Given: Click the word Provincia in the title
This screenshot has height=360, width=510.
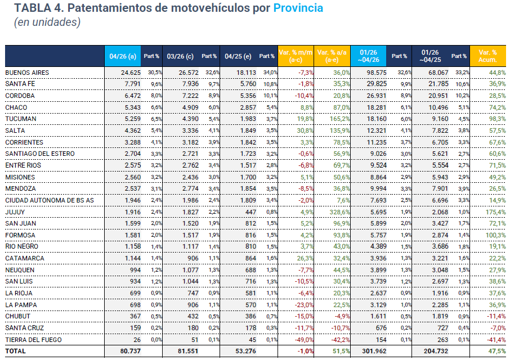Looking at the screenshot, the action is pos(298,8).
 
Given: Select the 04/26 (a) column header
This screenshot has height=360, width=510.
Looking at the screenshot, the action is pos(123,56).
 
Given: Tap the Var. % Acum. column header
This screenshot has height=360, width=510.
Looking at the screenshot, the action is pos(487,56).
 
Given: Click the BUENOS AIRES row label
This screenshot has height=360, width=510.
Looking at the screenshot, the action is pos(27,73).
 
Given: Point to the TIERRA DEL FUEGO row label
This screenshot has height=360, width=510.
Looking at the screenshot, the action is pos(34,340).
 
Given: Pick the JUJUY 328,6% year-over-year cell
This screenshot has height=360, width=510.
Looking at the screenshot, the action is pos(339,212).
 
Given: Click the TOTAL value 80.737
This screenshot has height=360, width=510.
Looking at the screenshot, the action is pos(130,351).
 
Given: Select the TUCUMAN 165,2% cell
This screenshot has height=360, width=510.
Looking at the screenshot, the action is pos(339,119).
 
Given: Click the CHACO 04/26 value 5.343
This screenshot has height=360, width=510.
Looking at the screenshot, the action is pos(133,107).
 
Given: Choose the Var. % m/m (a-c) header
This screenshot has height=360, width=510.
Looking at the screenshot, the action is pos(296,56).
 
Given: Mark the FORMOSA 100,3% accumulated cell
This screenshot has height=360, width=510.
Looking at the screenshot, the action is pos(496,235).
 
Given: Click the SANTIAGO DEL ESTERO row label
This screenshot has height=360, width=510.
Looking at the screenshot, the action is pos(40,154).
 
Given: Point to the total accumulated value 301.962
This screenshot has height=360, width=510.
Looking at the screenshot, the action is pos(374,351).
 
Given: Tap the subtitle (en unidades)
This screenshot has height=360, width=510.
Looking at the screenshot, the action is pos(47,22).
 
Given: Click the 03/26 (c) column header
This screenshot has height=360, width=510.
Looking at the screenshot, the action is pos(180,56).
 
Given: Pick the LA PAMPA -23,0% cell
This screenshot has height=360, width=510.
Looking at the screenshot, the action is pos(304,305).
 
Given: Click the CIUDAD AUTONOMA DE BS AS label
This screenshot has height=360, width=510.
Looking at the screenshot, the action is pos(50,200).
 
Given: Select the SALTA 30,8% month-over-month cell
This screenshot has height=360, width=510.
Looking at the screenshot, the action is pos(306,130).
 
